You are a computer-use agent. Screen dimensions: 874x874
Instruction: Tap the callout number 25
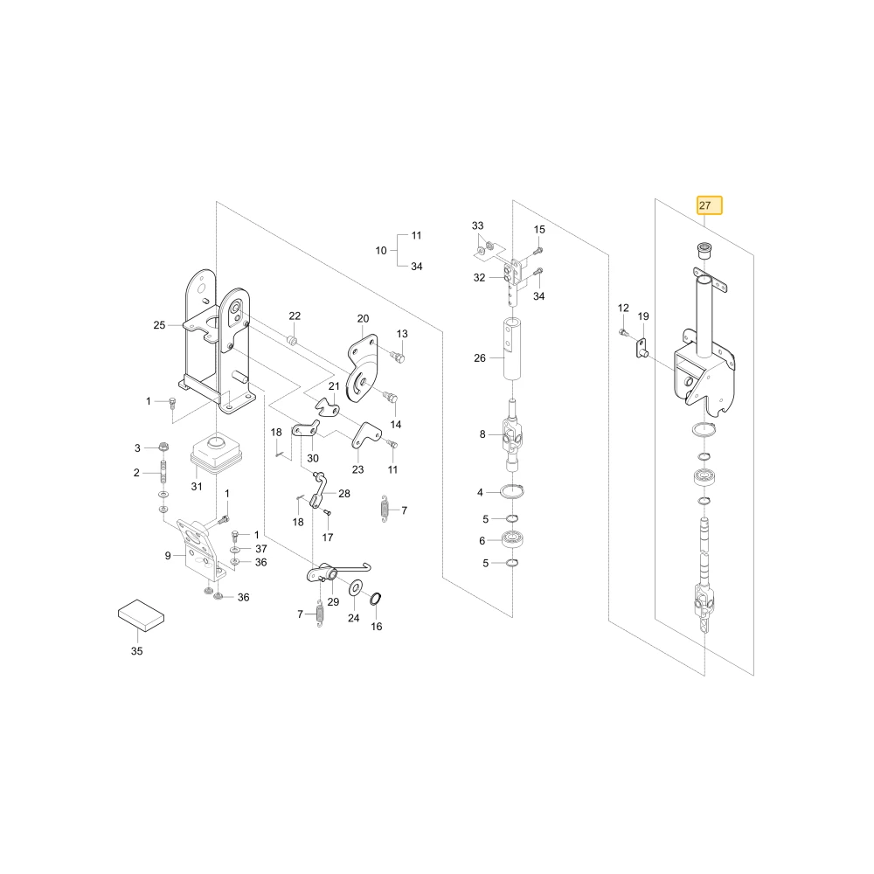[x=159, y=325]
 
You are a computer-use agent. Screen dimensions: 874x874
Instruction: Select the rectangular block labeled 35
[x=141, y=615]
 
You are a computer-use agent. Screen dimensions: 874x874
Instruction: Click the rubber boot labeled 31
[x=216, y=453]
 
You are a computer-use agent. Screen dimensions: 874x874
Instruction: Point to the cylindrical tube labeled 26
[x=513, y=350]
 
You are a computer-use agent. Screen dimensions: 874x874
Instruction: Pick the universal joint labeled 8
[x=512, y=434]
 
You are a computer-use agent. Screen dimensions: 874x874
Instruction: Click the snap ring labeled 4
[x=512, y=492]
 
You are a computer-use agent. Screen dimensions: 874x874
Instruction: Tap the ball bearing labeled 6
[x=511, y=540]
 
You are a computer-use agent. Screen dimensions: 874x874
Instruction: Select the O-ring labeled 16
[x=376, y=599]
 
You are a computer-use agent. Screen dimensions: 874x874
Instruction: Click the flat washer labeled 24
[x=355, y=587]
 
